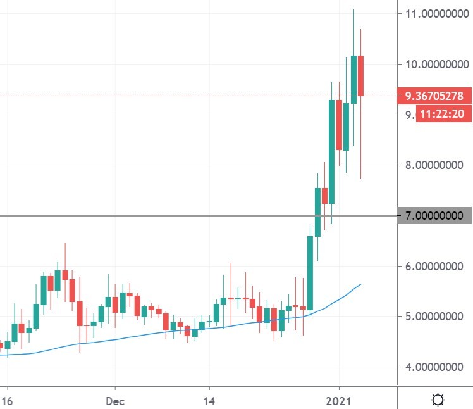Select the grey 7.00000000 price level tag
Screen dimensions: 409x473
tap(434, 216)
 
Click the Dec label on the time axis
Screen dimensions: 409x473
tap(115, 400)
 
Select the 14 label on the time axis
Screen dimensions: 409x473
tap(210, 400)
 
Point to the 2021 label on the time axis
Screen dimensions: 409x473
tap(339, 400)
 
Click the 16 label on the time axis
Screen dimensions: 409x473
tap(6, 400)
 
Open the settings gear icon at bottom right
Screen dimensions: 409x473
tap(437, 400)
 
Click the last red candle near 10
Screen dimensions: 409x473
tap(360, 76)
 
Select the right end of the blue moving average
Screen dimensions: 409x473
tap(360, 285)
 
